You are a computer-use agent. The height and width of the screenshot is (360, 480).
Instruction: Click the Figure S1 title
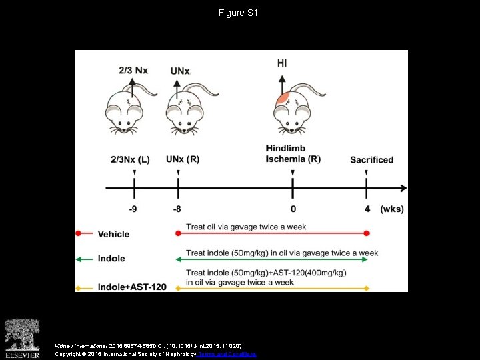click(239, 13)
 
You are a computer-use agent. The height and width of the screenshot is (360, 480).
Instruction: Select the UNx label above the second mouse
click(180, 70)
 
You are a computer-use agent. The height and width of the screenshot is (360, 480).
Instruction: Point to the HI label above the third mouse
click(282, 63)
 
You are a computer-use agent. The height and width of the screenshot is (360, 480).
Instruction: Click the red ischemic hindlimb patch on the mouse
click(284, 101)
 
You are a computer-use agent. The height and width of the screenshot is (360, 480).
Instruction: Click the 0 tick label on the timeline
click(293, 209)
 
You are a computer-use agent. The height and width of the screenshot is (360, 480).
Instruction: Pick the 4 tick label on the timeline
click(367, 209)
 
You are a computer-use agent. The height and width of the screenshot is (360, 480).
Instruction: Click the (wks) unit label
click(392, 209)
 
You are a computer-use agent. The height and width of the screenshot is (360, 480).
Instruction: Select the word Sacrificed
click(372, 160)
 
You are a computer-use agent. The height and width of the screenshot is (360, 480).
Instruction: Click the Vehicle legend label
click(113, 234)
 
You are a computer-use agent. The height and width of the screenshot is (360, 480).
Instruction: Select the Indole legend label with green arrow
click(111, 259)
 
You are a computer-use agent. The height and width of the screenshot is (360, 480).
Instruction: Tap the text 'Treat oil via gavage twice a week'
click(246, 227)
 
